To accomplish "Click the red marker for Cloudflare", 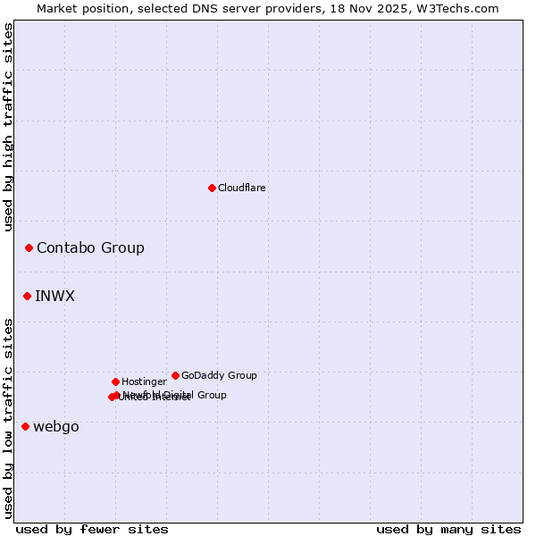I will point(212,188).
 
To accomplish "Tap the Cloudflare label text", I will point(241,188).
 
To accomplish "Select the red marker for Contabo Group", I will point(29,247).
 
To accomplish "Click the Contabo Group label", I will point(90,248).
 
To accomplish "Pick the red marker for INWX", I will point(27,296).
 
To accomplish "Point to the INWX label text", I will point(54,297).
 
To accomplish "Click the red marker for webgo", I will point(25,426).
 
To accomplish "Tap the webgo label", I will point(56,427).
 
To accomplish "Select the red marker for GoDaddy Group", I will point(175,375).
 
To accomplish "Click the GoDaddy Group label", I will point(219,376).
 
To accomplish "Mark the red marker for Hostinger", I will point(115,381).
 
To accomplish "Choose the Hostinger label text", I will point(144,382).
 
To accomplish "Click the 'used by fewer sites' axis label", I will point(92,530).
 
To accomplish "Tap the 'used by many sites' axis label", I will point(448,530).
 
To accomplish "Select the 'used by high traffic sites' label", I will point(9,127).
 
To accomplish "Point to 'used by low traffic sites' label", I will point(9,418).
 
